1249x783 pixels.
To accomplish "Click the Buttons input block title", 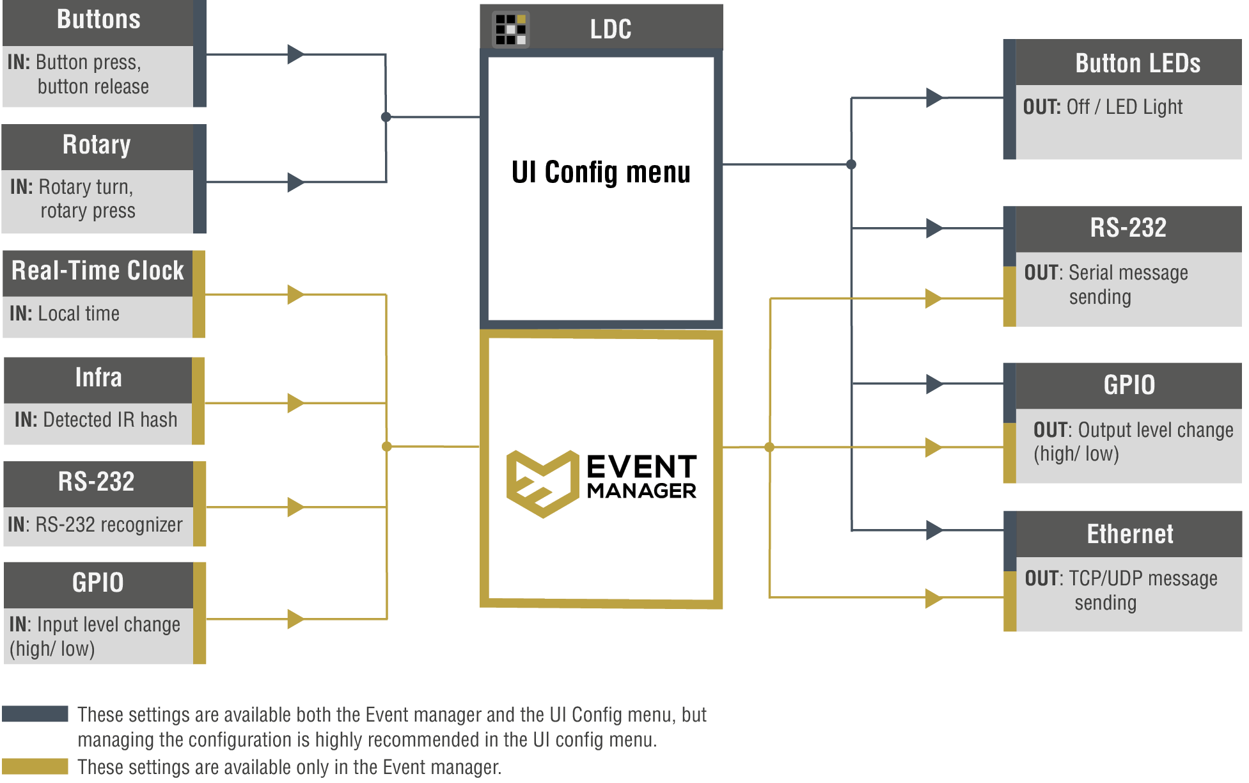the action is tap(98, 19).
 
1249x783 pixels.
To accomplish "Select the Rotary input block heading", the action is tap(97, 145).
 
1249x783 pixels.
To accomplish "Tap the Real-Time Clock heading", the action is tap(98, 271).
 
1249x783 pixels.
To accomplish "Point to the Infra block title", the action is tap(98, 377).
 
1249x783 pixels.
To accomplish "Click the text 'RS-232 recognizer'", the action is tap(109, 525).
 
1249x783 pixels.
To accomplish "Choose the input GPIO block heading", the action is tap(98, 583).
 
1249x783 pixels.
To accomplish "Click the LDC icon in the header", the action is tap(511, 29).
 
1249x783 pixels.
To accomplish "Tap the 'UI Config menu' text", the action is tap(601, 172).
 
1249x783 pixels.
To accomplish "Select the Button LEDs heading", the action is tap(1138, 63).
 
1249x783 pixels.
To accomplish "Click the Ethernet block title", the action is tap(1130, 534).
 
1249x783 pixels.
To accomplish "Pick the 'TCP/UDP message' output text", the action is tap(1143, 578).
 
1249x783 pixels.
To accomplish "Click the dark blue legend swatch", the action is tap(35, 713).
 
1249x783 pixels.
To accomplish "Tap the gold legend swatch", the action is tap(35, 766).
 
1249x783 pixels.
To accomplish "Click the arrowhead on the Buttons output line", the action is tap(295, 54).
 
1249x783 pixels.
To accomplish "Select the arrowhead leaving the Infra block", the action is tap(295, 403).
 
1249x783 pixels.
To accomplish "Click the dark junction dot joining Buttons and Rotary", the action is tap(386, 117).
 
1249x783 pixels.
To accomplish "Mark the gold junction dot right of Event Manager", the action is tap(769, 447).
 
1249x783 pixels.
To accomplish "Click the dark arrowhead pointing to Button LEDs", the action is tap(934, 98).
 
